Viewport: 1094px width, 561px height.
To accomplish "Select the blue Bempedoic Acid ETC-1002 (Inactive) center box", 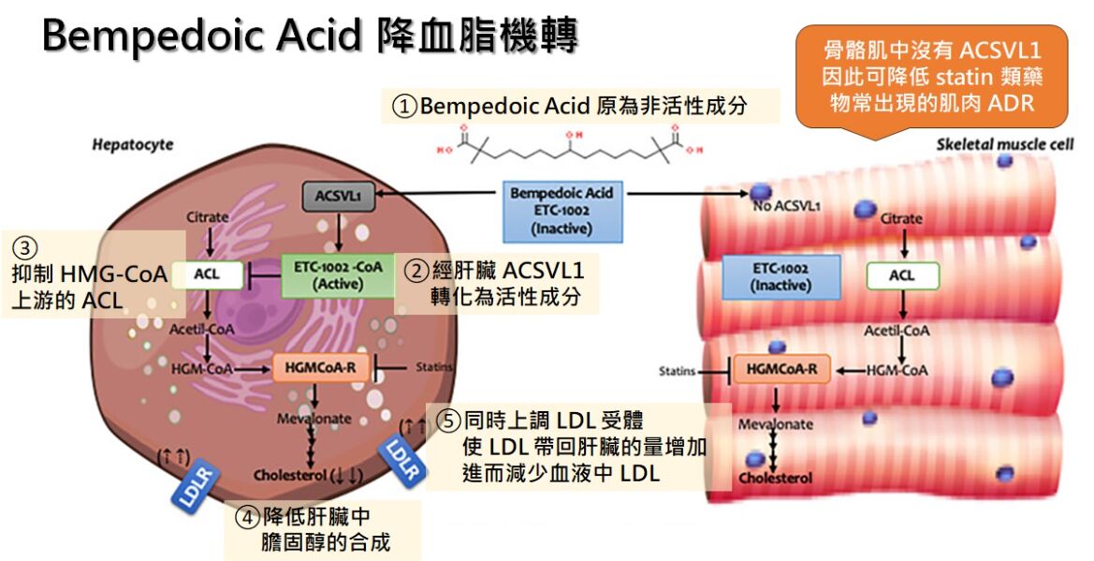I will (562, 210).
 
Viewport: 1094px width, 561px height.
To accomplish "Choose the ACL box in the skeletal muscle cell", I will (902, 275).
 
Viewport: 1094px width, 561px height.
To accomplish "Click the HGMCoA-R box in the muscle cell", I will (781, 370).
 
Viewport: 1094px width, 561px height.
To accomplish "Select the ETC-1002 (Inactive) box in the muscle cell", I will (780, 276).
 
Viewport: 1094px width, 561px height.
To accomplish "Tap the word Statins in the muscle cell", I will (676, 371).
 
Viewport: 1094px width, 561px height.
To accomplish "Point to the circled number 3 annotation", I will (26, 249).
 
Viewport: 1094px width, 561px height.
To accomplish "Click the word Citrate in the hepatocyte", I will (207, 217).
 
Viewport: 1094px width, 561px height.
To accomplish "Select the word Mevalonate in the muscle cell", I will (775, 424).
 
